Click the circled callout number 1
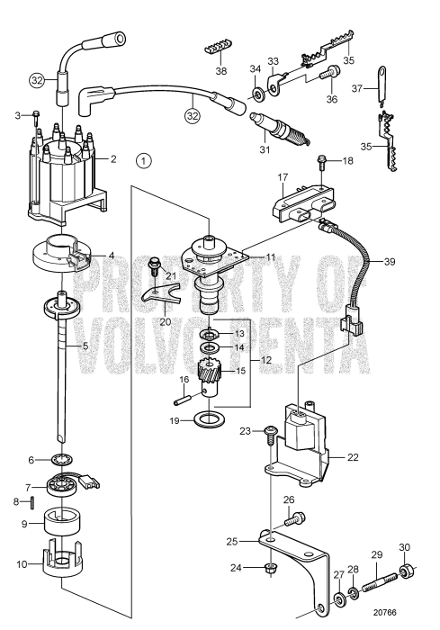[x=143, y=161]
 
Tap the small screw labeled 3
[x=36, y=115]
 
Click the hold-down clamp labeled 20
[x=161, y=295]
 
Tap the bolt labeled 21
[x=154, y=266]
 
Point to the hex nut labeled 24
[x=271, y=569]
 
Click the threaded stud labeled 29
[x=380, y=582]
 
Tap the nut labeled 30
[x=405, y=571]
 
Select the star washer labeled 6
[x=62, y=458]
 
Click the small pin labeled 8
[x=33, y=502]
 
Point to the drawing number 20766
[x=384, y=613]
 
